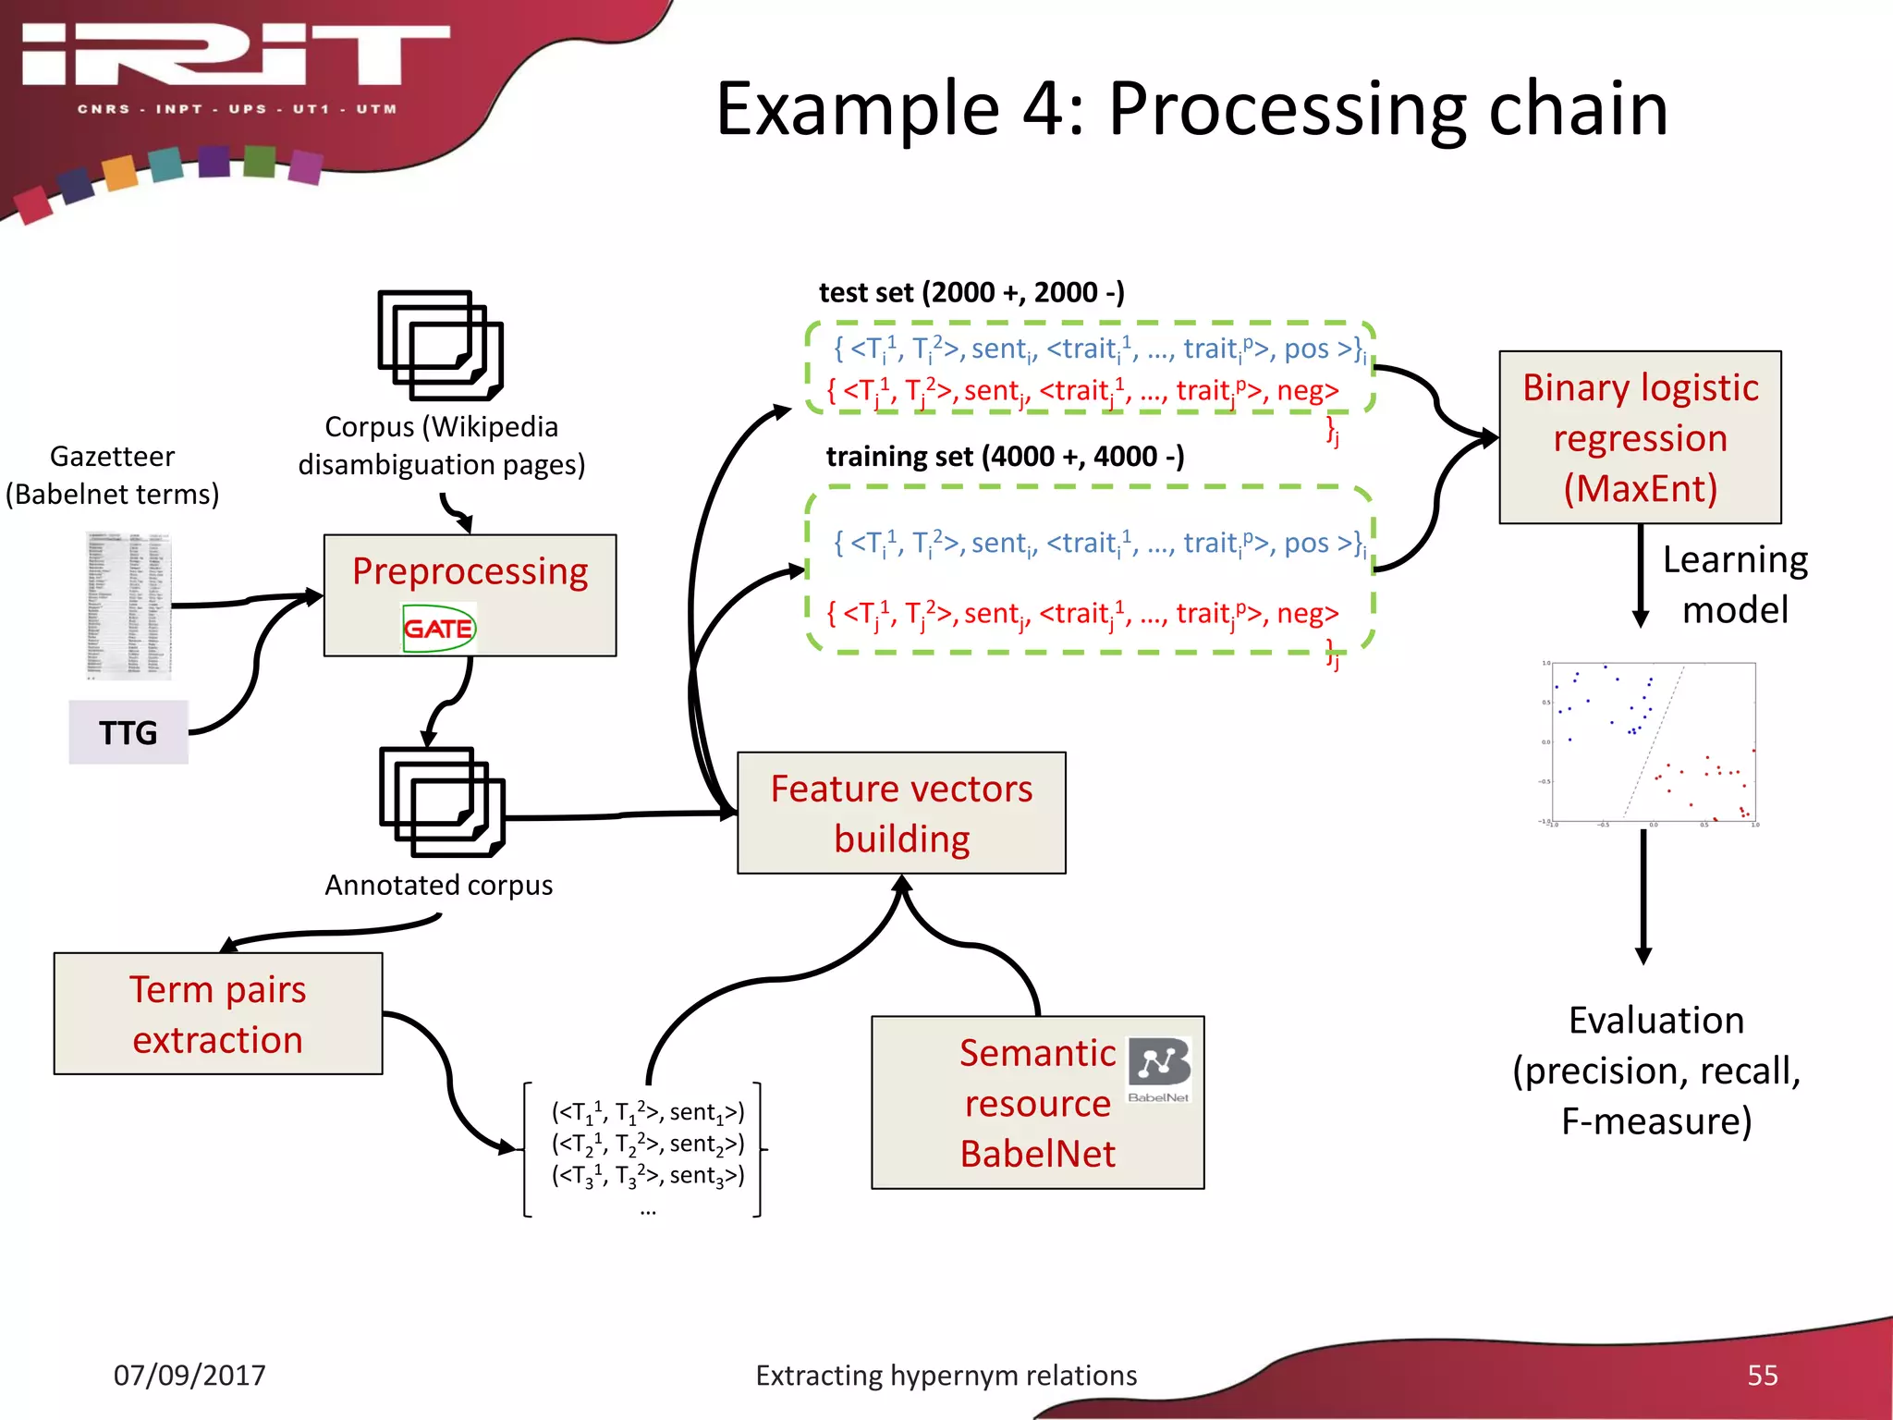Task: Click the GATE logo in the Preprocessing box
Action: [438, 629]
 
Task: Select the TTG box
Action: [128, 732]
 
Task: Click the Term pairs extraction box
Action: [218, 1014]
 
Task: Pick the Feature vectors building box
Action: [901, 813]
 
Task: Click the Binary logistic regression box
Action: [1640, 437]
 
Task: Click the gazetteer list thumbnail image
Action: [129, 606]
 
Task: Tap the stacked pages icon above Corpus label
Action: [440, 345]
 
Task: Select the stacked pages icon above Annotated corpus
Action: [441, 802]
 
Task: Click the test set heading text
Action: [971, 292]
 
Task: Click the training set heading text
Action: [1005, 456]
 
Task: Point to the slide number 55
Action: [1762, 1375]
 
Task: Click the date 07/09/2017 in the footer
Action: [189, 1375]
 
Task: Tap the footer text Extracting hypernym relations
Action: [946, 1375]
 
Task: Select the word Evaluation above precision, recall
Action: [1656, 1020]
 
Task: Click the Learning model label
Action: [1734, 584]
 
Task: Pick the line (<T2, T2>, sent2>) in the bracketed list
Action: [647, 1145]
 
